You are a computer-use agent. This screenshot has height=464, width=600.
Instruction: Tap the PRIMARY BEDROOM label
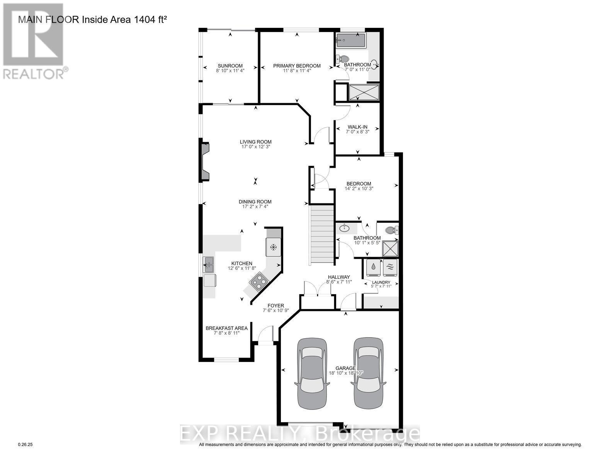pos(297,66)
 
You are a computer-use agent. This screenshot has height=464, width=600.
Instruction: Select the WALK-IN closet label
pos(357,127)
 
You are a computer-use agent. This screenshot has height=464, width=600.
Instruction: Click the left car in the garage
pos(312,373)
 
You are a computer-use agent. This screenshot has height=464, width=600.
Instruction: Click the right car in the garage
pos(368,373)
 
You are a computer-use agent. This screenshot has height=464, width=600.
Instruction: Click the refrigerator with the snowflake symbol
pos(273,247)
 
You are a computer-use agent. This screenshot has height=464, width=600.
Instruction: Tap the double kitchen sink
pos(208,265)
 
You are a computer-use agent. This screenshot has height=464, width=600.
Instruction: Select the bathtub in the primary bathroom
pos(350,40)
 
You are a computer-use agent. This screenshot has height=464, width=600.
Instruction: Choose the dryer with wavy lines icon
pos(390,268)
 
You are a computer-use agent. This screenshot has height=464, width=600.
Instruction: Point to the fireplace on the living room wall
pos(204,162)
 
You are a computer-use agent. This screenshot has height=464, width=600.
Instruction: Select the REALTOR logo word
pos(34,73)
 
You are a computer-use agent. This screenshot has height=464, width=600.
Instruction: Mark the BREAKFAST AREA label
pos(226,328)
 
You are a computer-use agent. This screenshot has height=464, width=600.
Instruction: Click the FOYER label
pos(273,305)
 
